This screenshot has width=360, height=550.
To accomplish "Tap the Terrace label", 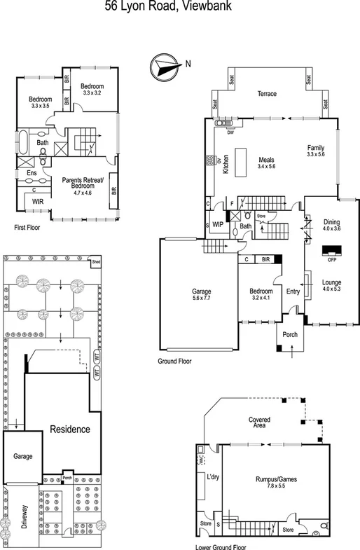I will pyautogui.click(x=266, y=94).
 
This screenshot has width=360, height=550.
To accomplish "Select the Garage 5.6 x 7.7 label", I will pyautogui.click(x=202, y=295).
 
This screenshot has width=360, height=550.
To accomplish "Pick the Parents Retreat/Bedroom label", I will pyautogui.click(x=83, y=185).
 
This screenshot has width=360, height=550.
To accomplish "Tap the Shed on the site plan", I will pyautogui.click(x=96, y=263).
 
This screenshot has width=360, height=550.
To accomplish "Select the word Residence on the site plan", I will pyautogui.click(x=69, y=429).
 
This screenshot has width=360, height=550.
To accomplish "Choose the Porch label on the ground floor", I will pyautogui.click(x=290, y=335).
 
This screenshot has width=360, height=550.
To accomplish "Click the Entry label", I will pyautogui.click(x=292, y=291).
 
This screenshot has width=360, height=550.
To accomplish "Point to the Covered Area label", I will pyautogui.click(x=259, y=422).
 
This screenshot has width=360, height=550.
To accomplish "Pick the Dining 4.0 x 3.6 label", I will pyautogui.click(x=331, y=225).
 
